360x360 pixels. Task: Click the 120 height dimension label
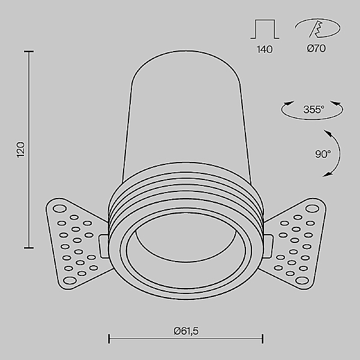click(20, 149)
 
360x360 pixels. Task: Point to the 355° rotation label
click(313, 109)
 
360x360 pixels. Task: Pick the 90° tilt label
click(323, 154)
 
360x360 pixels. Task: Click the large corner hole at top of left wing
click(59, 209)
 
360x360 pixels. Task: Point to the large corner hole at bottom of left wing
click(68, 280)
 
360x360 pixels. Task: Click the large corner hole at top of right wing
click(312, 209)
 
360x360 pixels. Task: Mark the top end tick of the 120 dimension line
click(28, 52)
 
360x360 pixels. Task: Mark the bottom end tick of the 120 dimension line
click(28, 247)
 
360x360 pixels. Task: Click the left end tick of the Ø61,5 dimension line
click(109, 340)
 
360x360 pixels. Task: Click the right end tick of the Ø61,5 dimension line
click(263, 340)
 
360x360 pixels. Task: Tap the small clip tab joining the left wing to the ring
click(103, 247)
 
